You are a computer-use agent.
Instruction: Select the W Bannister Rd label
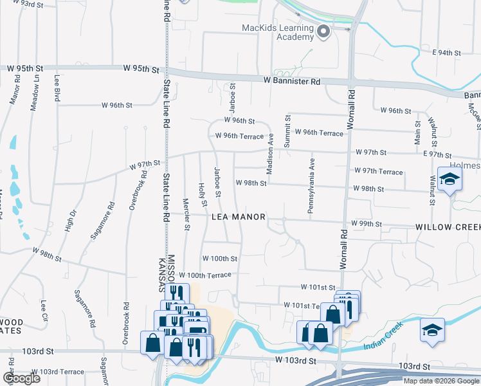click(291, 82)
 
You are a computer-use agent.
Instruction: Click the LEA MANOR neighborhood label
click(238, 217)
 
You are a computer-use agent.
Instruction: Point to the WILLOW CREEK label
click(448, 227)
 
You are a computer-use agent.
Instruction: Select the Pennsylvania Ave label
click(312, 187)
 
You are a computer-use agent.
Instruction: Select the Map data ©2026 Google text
click(441, 381)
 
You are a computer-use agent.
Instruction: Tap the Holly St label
click(203, 194)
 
